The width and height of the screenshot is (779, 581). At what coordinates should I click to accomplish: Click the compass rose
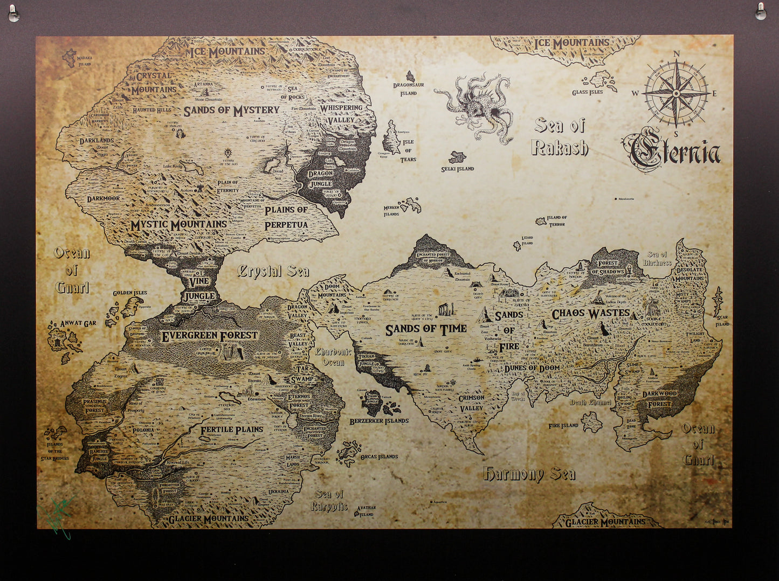675,93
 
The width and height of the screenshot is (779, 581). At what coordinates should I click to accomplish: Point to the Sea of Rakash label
560,137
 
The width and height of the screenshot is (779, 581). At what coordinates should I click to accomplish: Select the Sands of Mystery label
231,110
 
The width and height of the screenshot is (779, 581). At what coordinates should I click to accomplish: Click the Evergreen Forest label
210,336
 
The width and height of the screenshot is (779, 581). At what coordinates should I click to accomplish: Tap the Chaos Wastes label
590,313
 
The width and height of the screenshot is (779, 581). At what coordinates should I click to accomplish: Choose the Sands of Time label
425,329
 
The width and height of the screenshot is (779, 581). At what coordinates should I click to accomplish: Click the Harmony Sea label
529,474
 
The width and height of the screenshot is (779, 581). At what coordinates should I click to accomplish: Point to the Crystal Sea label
273,271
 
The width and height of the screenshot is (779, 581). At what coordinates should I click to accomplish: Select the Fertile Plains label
232,430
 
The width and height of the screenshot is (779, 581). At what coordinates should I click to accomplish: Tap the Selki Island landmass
457,157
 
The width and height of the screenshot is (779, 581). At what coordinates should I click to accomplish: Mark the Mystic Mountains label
178,224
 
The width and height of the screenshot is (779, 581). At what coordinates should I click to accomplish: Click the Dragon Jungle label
320,178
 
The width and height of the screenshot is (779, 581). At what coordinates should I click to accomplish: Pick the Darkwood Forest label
659,399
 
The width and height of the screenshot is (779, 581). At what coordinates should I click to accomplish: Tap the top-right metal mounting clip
761,12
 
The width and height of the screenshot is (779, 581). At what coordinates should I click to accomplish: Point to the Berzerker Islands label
379,421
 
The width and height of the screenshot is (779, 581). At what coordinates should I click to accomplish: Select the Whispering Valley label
341,113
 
